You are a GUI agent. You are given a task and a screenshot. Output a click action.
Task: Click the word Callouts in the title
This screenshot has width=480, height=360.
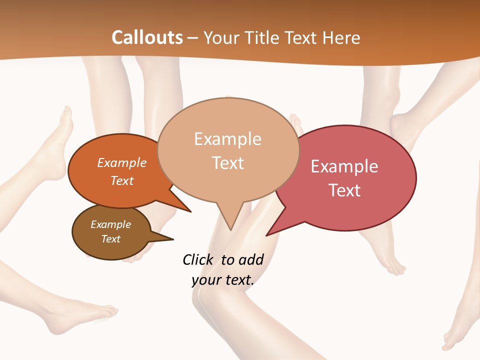tap(147, 37)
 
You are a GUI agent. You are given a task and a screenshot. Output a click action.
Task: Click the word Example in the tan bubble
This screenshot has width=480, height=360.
tap(227, 139)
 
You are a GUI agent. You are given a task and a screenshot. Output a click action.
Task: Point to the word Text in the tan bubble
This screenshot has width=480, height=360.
tap(227, 162)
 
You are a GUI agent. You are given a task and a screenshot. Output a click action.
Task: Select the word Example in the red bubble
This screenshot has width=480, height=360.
tap(344, 166)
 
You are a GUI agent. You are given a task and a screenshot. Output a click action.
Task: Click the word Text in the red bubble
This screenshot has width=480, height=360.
tap(344, 190)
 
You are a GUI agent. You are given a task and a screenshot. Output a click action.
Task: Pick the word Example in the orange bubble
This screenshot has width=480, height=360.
tap(122, 162)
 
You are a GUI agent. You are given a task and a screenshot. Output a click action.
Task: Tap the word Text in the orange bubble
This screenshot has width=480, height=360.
tap(122, 180)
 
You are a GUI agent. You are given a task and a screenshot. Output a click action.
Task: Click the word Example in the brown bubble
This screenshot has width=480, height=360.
tap(110, 224)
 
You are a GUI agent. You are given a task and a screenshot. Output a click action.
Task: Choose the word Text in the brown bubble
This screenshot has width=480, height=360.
tap(110, 239)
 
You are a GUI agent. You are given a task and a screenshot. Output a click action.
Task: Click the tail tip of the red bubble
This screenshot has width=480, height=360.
tap(267, 234)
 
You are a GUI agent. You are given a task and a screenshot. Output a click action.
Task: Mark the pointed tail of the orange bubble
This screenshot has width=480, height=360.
tap(190, 211)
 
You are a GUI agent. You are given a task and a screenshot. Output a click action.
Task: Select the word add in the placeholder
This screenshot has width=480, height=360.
tap(250, 259)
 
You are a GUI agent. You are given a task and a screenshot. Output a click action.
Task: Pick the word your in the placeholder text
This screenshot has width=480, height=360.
tap(206, 280)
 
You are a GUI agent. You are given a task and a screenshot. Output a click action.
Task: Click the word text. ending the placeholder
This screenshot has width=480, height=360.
tap(237, 280)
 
